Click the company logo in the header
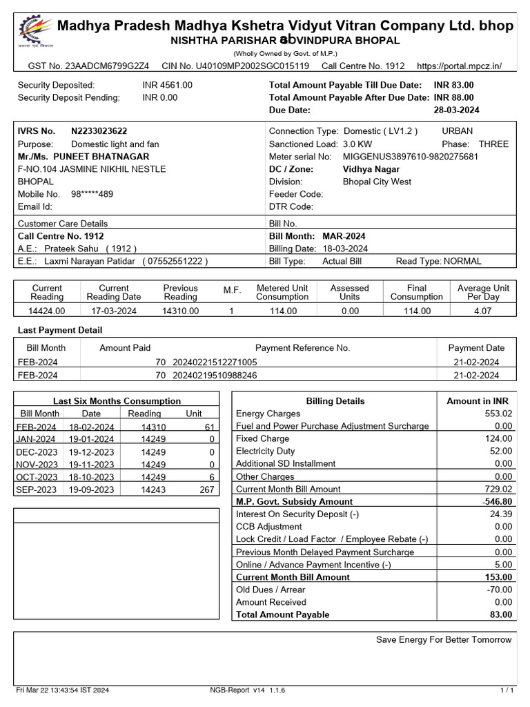click(32, 32)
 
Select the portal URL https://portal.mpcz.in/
click(460, 66)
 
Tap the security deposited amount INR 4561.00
click(168, 85)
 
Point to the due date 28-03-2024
click(456, 110)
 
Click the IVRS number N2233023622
click(99, 130)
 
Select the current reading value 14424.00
click(46, 311)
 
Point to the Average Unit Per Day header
click(483, 292)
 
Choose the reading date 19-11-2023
click(91, 465)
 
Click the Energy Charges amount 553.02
click(498, 414)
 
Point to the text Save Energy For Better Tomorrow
click(444, 640)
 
